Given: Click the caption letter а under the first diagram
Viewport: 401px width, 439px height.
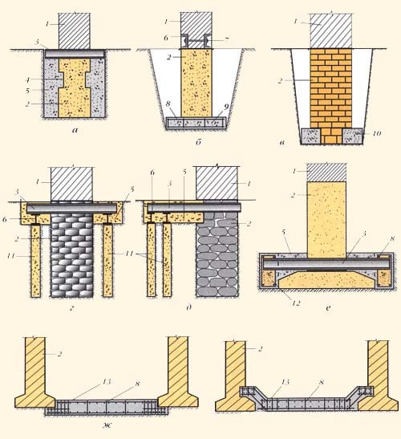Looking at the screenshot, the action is (75, 130).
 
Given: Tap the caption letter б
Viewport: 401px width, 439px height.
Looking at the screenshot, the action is (198, 142).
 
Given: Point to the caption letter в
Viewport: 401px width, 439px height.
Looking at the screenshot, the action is (282, 143).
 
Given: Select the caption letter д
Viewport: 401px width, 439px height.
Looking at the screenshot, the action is (189, 307).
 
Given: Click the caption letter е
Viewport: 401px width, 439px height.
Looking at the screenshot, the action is (328, 308).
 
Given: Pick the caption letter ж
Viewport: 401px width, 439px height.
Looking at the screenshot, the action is (107, 425).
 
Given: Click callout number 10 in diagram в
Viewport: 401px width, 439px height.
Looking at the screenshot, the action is (377, 133).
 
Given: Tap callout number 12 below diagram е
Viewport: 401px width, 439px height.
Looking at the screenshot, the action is (296, 303).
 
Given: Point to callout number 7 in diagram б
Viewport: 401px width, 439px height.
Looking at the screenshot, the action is (226, 40).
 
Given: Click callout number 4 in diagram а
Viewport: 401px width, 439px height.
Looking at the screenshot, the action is (28, 80).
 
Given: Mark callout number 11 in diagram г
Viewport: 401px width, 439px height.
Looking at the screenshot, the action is (12, 256).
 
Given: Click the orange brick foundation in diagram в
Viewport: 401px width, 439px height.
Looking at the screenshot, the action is (331, 96).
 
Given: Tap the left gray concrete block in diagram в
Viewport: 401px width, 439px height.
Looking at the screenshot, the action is (310, 136).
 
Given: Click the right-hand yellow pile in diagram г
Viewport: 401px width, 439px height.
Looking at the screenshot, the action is (107, 260).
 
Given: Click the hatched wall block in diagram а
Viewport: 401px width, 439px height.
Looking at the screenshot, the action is (74, 30).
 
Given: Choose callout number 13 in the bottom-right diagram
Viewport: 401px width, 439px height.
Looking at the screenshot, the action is (285, 382).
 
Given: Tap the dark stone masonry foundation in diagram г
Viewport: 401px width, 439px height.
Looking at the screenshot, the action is (72, 254).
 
